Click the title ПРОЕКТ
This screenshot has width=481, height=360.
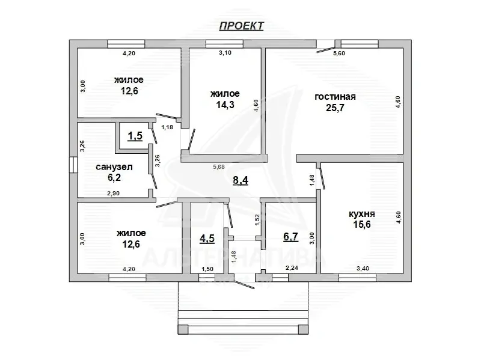(x=242, y=26)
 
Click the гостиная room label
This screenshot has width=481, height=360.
(x=335, y=97)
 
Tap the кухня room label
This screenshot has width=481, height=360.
(x=362, y=214)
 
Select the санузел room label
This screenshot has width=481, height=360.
(x=114, y=167)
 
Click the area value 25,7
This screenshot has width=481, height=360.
(x=335, y=108)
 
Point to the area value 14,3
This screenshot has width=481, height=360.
(x=225, y=105)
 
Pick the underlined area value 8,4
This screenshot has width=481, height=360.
(x=240, y=180)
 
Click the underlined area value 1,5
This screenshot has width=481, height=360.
(x=135, y=136)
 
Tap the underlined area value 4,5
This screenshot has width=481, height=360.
(x=207, y=238)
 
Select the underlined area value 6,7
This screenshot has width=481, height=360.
(x=290, y=237)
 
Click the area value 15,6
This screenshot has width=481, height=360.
(x=362, y=224)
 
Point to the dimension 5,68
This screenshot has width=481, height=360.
(x=219, y=167)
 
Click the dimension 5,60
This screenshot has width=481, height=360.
(x=339, y=53)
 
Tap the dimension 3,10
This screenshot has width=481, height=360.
(x=225, y=53)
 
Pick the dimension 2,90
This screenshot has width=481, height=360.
(x=113, y=194)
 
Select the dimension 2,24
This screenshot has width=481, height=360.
(x=292, y=268)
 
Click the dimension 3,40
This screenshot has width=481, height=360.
(x=363, y=269)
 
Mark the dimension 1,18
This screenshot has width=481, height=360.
(x=167, y=127)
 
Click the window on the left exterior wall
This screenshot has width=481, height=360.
(x=73, y=165)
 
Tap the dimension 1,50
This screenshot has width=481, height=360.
(x=207, y=269)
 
